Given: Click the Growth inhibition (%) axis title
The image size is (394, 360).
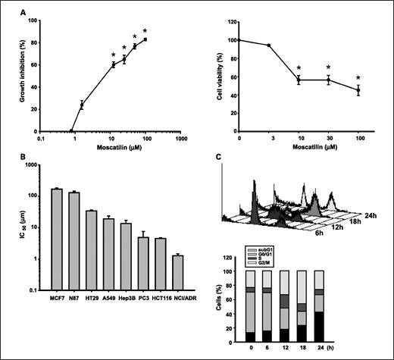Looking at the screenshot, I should click(x=10, y=76).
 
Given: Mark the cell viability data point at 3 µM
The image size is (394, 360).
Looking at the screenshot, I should click(x=269, y=45).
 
